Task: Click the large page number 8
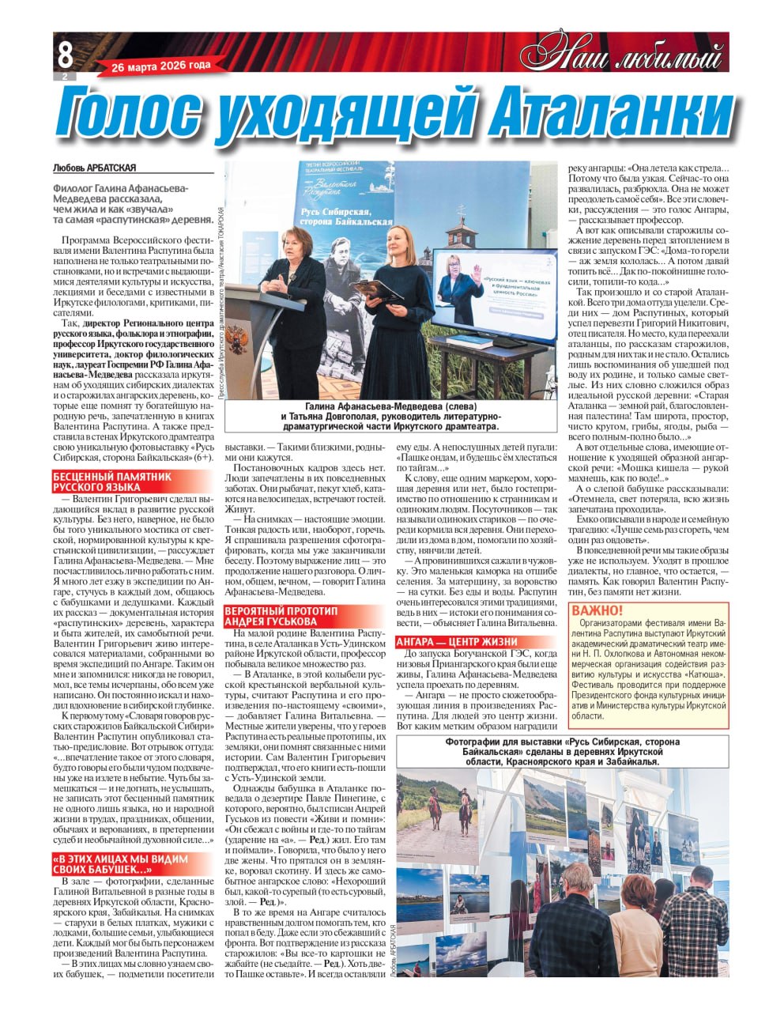click(x=65, y=54)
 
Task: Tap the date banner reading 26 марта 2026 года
click(x=161, y=66)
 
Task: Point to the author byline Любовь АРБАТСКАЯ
click(x=95, y=168)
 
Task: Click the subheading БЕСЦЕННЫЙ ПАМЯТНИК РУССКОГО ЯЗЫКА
click(x=112, y=481)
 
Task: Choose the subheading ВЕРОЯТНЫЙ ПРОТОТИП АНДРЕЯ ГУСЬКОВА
click(x=281, y=616)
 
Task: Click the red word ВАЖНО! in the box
click(x=597, y=610)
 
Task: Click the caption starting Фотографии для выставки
click(x=561, y=752)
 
